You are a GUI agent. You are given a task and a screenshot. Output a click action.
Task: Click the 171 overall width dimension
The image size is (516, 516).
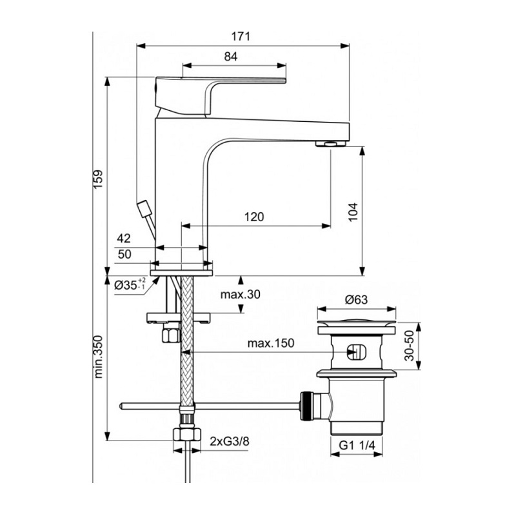click(241, 36)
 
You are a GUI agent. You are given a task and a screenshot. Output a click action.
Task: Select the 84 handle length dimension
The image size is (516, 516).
click(231, 57)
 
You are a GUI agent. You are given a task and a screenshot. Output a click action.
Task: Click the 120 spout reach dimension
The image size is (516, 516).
click(254, 217)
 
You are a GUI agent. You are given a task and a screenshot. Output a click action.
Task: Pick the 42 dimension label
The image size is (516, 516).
click(124, 239)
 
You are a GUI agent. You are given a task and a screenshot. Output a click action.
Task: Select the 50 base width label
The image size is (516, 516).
click(124, 254)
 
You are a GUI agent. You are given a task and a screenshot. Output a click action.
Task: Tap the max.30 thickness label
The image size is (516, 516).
click(240, 295)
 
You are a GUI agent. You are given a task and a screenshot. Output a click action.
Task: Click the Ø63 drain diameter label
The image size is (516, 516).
click(355, 300)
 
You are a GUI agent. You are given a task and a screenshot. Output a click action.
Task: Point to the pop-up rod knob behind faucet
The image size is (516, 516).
click(143, 210)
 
